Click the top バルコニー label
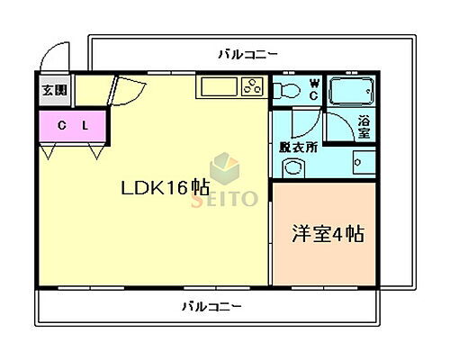tap(247, 54)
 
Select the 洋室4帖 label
tap(328, 235)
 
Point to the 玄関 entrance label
tap(54, 90)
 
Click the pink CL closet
tap(73, 125)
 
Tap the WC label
tap(314, 89)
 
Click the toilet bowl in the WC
tap(287, 90)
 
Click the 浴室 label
tap(364, 126)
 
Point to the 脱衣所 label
tap(299, 147)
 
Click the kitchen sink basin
tap(216, 87)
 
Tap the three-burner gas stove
tap(251, 88)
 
